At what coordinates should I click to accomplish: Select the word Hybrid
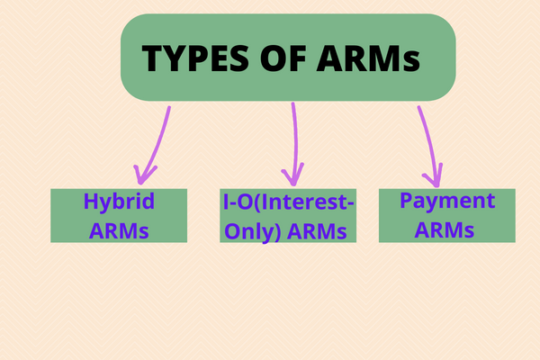pos(119,202)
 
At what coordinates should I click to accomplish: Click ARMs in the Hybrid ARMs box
pos(119,229)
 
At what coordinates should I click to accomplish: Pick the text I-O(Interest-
pos(288,203)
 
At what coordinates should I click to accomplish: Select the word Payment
pos(447,202)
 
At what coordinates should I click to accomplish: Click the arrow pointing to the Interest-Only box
pos(292,139)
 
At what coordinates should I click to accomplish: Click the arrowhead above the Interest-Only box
pos(292,173)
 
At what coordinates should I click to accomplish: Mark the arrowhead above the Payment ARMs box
pos(436,175)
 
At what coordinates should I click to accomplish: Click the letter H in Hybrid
pos(91,202)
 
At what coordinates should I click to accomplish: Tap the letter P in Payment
pos(407,201)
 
